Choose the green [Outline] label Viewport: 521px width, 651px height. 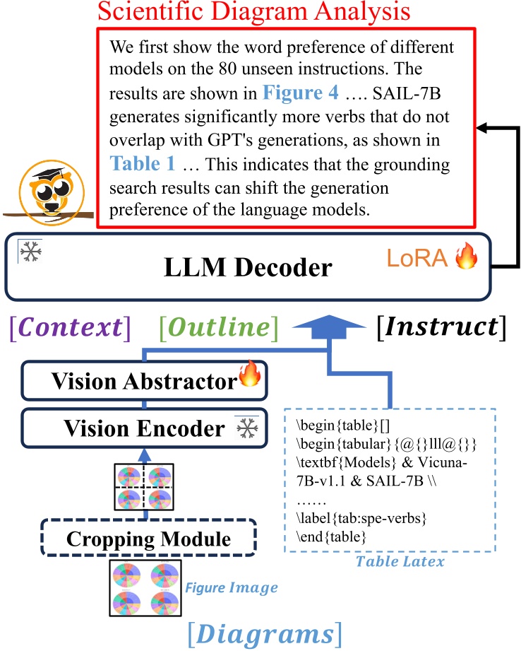click(219, 327)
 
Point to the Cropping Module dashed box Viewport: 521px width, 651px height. click(148, 539)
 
